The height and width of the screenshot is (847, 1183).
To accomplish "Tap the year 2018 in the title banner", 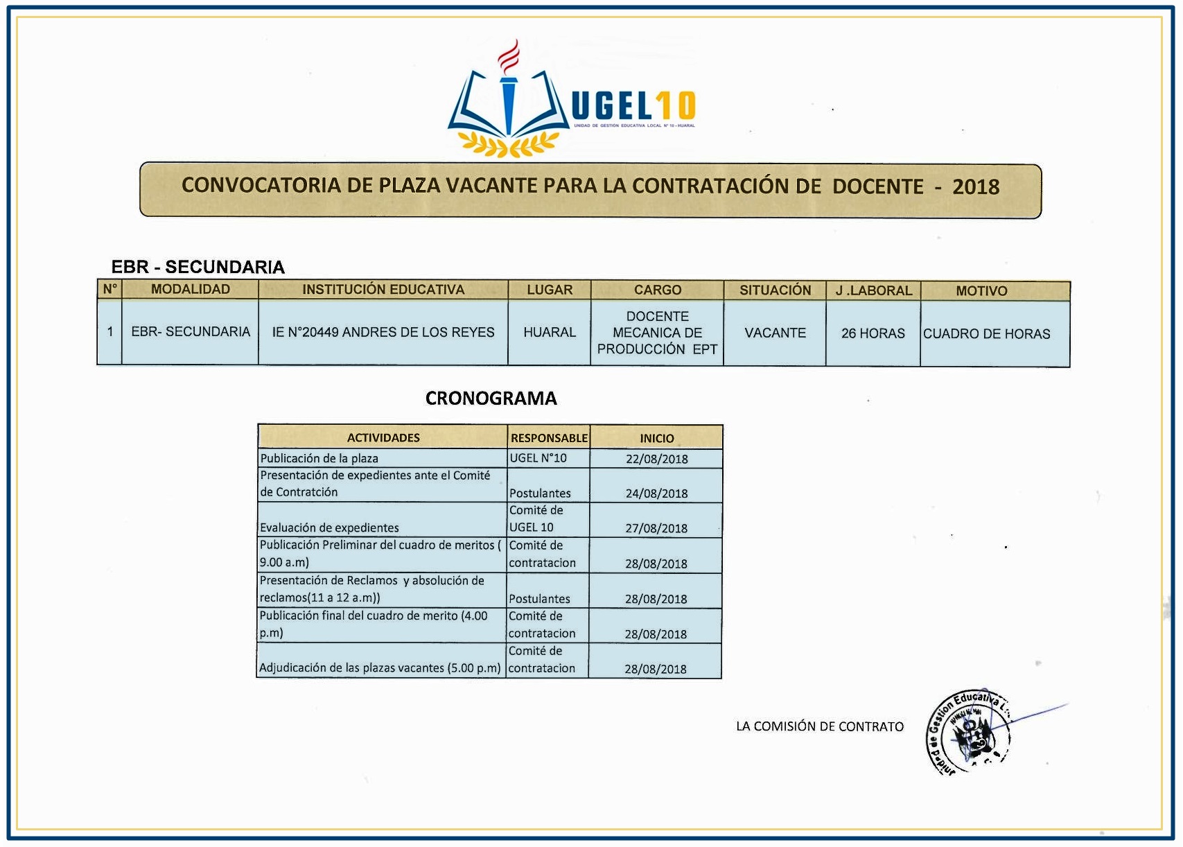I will (x=975, y=187).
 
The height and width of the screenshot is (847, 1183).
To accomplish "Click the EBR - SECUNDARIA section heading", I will (x=198, y=267).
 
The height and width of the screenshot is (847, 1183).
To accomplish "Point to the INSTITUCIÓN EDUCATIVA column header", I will (x=383, y=290).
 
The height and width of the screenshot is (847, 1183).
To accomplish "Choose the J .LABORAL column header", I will (x=873, y=290).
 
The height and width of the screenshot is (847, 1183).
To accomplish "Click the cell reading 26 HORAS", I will (x=873, y=333).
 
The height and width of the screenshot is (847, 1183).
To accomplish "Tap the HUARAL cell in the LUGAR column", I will (x=550, y=333).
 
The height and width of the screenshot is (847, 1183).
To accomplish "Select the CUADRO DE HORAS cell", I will (x=986, y=334).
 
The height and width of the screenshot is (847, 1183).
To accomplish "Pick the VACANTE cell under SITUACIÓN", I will (x=775, y=333).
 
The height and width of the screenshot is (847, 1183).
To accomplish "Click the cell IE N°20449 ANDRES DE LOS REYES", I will (x=383, y=333).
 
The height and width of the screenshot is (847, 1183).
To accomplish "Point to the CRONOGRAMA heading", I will (x=491, y=399).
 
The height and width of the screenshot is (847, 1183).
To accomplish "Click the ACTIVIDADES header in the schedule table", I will (x=383, y=438).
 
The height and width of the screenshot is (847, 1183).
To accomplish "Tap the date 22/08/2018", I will (x=656, y=459).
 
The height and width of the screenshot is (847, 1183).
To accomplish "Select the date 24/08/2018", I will (x=656, y=494).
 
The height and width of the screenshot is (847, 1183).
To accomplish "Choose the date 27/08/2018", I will (x=656, y=528).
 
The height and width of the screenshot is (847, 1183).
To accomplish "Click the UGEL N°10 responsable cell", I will (x=538, y=458).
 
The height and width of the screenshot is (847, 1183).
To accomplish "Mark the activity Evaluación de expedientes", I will (x=329, y=528).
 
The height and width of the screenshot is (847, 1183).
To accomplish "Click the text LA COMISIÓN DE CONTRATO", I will (x=819, y=726).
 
